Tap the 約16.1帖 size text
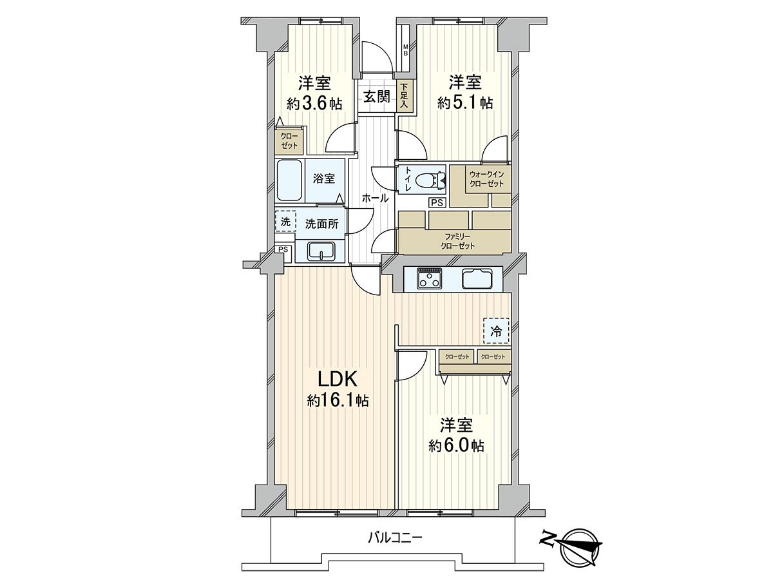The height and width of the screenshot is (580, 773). click(338, 401)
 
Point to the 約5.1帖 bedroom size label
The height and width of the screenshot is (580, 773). click(465, 102)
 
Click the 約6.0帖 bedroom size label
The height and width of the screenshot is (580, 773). click(457, 445)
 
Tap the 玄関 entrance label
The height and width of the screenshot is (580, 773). click(376, 97)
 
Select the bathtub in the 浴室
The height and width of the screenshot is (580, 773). click(290, 180)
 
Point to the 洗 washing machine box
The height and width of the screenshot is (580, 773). click(285, 222)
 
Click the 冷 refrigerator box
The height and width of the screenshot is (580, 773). click(496, 332)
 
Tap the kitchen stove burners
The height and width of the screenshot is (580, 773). click(428, 278)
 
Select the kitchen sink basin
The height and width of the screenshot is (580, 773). click(477, 279)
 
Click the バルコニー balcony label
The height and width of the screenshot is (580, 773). click(395, 537)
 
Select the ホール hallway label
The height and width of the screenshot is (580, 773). click(375, 198)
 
